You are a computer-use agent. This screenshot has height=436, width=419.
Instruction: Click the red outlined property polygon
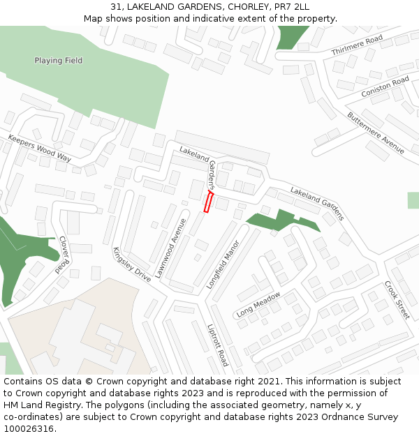(x=207, y=202)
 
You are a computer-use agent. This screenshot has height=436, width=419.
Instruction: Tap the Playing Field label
(x=59, y=61)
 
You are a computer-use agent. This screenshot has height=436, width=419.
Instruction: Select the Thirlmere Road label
(x=357, y=45)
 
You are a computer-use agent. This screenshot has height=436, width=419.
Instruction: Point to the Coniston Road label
(x=385, y=87)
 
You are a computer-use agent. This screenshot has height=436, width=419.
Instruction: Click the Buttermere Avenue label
(x=376, y=133)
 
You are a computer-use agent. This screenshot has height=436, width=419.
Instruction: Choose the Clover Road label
(x=64, y=254)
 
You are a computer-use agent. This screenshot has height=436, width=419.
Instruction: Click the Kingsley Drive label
(x=131, y=264)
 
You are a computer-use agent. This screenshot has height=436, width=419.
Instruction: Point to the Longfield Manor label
(x=223, y=264)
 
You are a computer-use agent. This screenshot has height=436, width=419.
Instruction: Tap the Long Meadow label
(x=258, y=304)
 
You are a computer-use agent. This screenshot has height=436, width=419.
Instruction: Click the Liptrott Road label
(x=217, y=345)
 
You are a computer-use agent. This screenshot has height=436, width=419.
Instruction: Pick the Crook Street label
(x=397, y=300)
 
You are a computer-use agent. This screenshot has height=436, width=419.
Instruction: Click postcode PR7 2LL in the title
(x=293, y=6)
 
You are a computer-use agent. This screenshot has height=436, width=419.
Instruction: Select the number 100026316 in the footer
(x=29, y=429)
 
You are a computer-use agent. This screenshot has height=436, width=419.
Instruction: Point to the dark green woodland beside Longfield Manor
(x=276, y=220)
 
